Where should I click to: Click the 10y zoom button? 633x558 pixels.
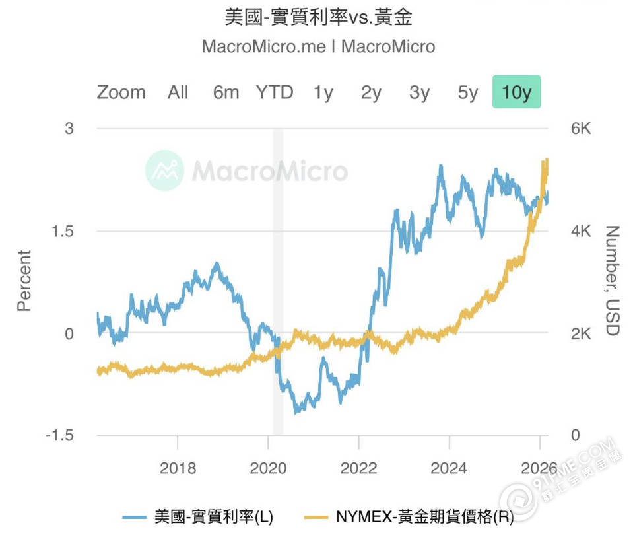pyautogui.click(x=516, y=92)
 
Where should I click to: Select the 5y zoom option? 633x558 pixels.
pyautogui.click(x=467, y=92)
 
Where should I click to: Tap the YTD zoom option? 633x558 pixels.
pyautogui.click(x=275, y=92)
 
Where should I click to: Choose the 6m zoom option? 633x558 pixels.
pyautogui.click(x=226, y=92)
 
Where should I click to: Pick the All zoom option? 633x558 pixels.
pyautogui.click(x=178, y=92)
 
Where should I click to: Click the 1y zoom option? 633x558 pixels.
pyautogui.click(x=323, y=92)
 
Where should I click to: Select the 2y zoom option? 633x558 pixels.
pyautogui.click(x=371, y=92)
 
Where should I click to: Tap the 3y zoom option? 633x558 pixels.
pyautogui.click(x=419, y=92)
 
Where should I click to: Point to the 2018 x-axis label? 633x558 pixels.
pyautogui.click(x=178, y=468)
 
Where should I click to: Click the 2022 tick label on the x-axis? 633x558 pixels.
pyautogui.click(x=358, y=468)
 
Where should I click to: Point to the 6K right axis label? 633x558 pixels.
pyautogui.click(x=581, y=129)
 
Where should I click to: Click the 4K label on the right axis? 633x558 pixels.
pyautogui.click(x=581, y=231)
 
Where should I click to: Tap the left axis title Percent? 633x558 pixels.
pyautogui.click(x=24, y=281)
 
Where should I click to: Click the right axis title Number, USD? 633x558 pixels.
pyautogui.click(x=612, y=281)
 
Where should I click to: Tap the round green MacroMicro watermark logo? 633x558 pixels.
pyautogui.click(x=164, y=170)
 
